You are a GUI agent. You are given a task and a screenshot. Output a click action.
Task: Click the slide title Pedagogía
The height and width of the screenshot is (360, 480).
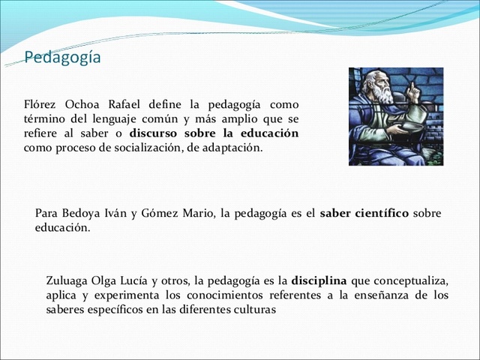(62, 57)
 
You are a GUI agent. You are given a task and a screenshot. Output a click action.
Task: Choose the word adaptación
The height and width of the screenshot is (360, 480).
(231, 147)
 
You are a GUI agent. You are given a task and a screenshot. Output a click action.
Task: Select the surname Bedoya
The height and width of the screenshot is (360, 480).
(82, 213)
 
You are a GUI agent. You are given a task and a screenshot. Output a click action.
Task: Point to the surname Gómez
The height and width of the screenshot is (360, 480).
(160, 213)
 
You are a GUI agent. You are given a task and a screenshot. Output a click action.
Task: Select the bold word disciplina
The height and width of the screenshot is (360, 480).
(319, 281)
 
